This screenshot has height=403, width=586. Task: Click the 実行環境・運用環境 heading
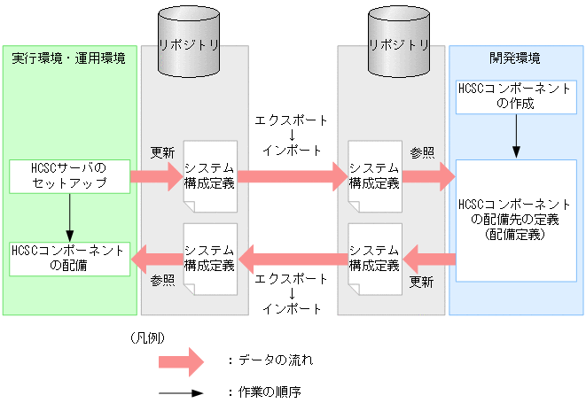[x=68, y=58]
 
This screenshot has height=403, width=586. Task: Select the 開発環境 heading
[x=515, y=58]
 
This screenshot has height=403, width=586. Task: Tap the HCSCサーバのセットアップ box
[x=68, y=176]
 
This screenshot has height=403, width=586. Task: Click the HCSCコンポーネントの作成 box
[x=515, y=97]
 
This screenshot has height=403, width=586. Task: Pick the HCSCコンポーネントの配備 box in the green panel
[x=68, y=258]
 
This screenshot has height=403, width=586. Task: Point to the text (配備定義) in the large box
[x=514, y=236]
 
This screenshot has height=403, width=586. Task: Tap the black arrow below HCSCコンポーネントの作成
[x=515, y=136]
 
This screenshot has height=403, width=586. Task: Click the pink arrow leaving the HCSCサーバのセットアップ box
[x=154, y=176]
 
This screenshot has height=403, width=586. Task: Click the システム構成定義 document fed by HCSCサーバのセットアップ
[x=210, y=176]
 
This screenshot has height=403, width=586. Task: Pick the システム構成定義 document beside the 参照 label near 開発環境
[x=374, y=176]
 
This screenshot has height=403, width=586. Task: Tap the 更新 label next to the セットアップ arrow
[x=162, y=151]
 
